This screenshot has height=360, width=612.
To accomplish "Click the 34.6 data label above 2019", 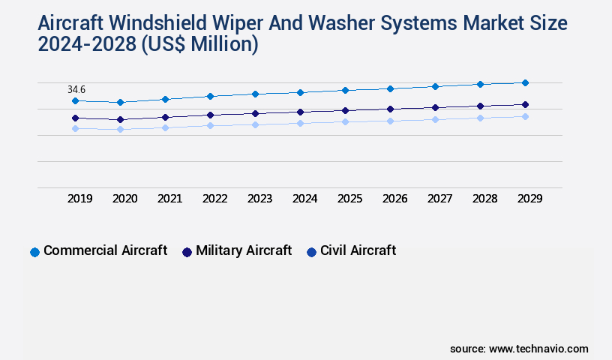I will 76,89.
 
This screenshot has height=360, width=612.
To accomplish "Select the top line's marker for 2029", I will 525,82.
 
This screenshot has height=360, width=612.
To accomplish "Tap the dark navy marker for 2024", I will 300,112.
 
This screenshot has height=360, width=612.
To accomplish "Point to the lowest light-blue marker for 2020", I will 120,129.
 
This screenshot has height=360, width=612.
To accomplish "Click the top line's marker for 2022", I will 210,96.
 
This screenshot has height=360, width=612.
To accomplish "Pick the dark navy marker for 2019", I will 75,118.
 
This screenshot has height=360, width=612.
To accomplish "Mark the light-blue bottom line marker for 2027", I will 435,119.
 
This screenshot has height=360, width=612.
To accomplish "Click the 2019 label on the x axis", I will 79,199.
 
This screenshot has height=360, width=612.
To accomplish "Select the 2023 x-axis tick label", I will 259,199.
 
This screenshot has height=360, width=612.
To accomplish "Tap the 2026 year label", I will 394,199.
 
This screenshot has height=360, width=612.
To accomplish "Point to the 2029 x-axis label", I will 529,199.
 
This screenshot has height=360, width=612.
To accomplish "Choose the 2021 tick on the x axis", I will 169,199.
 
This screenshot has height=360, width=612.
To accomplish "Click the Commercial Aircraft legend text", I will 105,250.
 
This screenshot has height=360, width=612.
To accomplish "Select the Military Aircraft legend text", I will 244,250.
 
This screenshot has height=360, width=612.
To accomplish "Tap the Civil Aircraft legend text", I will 358,250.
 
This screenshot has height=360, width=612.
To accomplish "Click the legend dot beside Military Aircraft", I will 187,252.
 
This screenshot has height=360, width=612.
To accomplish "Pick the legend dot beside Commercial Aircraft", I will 34,252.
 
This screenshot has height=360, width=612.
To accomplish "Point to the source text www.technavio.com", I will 538,349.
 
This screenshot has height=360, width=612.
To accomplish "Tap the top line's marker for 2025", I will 345,90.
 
